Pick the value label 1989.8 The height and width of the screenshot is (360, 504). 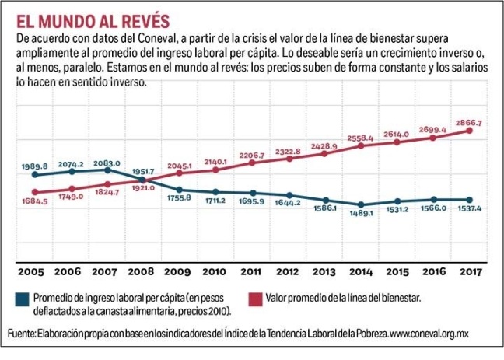pyautogui.click(x=35, y=166)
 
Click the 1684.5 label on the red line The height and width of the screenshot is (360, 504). pyautogui.click(x=34, y=202)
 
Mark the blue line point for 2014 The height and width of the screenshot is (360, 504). pyautogui.click(x=361, y=204)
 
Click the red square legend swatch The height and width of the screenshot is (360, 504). pyautogui.click(x=254, y=298)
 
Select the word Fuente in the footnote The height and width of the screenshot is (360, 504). pyautogui.click(x=21, y=334)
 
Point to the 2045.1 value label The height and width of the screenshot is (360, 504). pyautogui.click(x=179, y=166)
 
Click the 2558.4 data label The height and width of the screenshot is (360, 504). pyautogui.click(x=360, y=137)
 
